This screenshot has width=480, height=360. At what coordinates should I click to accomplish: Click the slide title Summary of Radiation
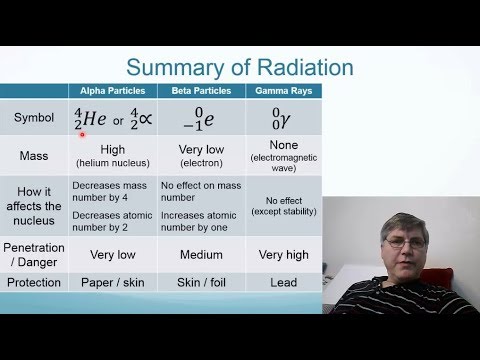pos(240,68)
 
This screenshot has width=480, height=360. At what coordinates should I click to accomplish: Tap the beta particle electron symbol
pos(201,120)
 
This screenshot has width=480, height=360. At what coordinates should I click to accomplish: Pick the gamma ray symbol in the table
pos(283,120)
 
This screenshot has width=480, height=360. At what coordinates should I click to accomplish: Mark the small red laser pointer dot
pos(82,135)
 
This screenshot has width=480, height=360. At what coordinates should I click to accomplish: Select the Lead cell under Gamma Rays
pos(283,282)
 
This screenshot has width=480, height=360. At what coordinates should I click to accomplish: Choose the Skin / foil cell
pos(201,282)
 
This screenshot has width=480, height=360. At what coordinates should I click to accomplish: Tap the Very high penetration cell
pos(283,254)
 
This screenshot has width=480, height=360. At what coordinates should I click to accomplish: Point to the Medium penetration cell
pos(201,254)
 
